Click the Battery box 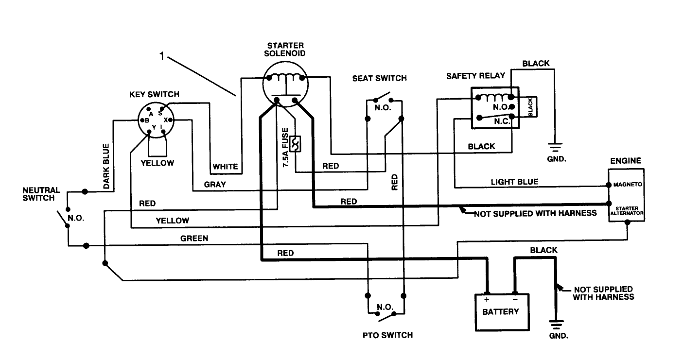(x=500, y=312)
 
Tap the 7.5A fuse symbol (x=295, y=143)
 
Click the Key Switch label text (x=154, y=94)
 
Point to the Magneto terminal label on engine (x=628, y=185)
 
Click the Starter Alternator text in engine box (x=628, y=210)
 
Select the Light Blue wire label (x=514, y=182)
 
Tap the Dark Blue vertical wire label (x=106, y=166)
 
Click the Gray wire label (x=215, y=185)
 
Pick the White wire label (x=225, y=167)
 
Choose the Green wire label (x=194, y=238)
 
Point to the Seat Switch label (x=379, y=78)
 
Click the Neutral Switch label (x=41, y=194)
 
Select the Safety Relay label (x=475, y=76)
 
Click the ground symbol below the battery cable (x=554, y=324)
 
